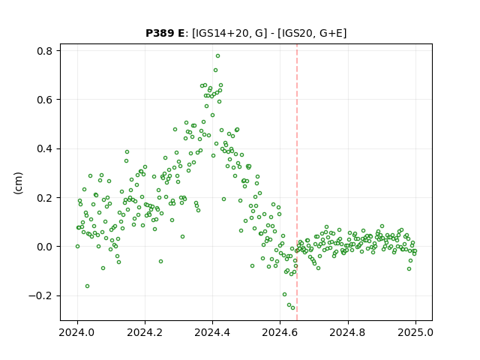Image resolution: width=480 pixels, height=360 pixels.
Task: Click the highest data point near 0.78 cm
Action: click(217, 56)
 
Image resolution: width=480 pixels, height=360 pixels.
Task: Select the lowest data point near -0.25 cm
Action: click(293, 308)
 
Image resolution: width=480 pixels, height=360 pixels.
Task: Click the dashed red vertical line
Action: click(297, 182)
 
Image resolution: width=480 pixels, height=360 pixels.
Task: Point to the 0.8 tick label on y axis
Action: click(45, 51)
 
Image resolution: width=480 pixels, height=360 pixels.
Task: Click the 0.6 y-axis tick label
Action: click(45, 100)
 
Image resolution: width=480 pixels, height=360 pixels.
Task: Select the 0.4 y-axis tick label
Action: click(45, 148)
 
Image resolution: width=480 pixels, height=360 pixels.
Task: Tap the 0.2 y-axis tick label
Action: click(45, 198)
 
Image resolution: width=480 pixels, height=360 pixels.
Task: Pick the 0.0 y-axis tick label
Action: click(45, 247)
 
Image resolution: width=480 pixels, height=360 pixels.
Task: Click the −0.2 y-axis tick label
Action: click(40, 295)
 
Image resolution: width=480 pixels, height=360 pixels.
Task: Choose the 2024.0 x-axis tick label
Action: click(77, 332)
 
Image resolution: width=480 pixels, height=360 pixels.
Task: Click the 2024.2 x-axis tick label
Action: click(145, 332)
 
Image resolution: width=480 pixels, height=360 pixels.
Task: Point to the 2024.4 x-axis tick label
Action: click(212, 332)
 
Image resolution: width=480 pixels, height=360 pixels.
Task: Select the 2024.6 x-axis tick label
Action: click(280, 332)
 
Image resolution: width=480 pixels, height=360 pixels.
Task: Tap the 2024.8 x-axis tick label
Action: click(348, 332)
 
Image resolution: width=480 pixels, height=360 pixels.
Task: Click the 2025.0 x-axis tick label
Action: click(415, 332)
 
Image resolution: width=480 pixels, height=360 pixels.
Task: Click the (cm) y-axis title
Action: click(18, 183)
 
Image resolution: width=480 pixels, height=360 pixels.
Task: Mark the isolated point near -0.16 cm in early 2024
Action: click(87, 286)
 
